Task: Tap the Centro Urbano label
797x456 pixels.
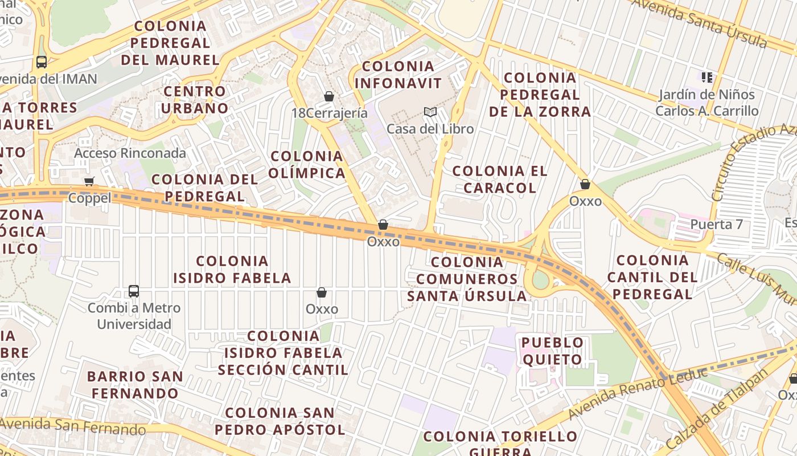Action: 196,100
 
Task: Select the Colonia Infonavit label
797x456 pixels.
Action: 398,75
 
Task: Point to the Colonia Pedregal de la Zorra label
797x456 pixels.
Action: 540,95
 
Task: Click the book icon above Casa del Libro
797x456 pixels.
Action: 430,112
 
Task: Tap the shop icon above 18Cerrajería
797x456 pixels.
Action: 328,96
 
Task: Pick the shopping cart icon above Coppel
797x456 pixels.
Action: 89,182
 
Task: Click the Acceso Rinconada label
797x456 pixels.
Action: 130,153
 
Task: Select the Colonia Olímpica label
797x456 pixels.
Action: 307,164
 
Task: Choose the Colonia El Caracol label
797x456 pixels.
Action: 500,179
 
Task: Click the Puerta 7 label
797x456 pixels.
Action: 716,224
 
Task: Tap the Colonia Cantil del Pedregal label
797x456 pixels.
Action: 652,277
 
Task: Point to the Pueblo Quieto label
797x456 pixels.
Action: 553,351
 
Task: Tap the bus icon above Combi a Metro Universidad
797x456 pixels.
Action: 134,291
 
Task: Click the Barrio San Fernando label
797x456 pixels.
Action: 135,385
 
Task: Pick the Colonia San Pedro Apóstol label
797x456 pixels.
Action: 285,421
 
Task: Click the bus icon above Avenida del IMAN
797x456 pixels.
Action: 41,62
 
